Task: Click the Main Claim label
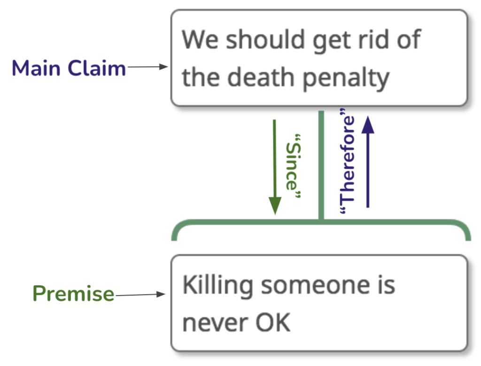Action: click(69, 68)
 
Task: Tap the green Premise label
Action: click(73, 294)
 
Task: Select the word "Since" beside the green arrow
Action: click(293, 166)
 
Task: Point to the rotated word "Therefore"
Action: click(347, 161)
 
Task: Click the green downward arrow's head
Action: click(275, 205)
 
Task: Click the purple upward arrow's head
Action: click(368, 125)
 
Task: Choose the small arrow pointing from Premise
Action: click(140, 295)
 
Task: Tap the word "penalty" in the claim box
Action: click(346, 79)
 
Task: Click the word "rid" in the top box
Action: click(373, 39)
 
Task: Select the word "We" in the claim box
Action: click(200, 40)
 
